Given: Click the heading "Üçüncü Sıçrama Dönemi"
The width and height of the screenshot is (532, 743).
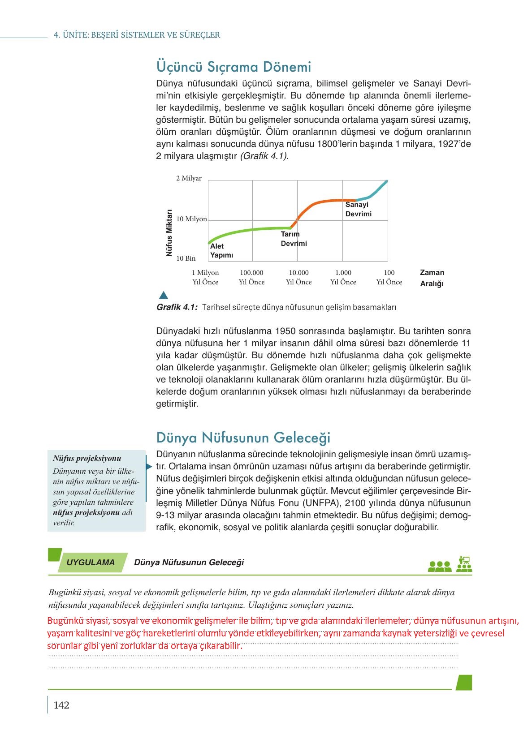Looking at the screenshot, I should tap(234, 67).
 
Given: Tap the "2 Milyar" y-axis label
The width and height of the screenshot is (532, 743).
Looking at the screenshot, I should tap(189, 178).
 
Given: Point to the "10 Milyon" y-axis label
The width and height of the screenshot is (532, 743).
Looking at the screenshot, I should tap(191, 219).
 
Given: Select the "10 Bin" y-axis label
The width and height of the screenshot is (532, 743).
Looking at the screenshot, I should tap(186, 258).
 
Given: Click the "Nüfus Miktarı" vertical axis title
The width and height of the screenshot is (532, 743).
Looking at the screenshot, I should tap(169, 233).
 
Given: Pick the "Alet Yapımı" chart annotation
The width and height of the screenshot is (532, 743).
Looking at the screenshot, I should tap(221, 251).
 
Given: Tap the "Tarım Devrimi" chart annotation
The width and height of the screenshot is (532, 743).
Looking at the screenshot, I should tap(294, 239).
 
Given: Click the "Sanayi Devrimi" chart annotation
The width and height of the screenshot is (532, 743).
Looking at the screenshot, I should tap(358, 209).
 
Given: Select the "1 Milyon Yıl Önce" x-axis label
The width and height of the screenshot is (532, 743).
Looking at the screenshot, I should tap(205, 277).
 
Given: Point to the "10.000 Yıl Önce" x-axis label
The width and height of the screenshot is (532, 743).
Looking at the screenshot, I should tap(298, 277).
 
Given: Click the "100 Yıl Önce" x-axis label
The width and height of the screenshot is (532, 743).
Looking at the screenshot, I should tap(389, 277).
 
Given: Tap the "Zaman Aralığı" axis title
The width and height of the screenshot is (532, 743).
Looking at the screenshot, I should tap(432, 278).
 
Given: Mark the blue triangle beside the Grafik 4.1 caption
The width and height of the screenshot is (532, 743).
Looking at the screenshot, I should tap(163, 295).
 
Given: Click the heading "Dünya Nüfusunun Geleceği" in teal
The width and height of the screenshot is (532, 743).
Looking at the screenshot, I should tap(243, 437).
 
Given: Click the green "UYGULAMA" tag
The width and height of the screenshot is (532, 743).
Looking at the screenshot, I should tap(91, 563).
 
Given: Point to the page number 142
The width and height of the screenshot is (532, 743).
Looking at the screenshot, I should tap(61, 705).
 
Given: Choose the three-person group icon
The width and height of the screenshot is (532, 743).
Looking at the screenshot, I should tap(440, 567).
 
